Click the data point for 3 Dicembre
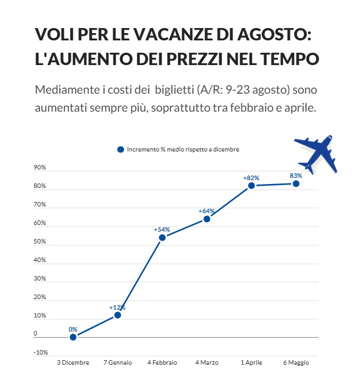point(73,337)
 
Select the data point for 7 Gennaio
point(118,315)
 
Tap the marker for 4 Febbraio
point(162,237)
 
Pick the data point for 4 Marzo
point(207,219)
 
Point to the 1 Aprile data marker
point(251,185)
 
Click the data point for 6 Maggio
point(296,183)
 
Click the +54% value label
point(161,229)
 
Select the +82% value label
point(251,177)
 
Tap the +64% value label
point(206,211)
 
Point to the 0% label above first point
point(73,329)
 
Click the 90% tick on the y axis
point(40,168)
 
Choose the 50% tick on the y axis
point(40,242)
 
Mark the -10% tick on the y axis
point(40,352)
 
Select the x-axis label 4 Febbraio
point(162,363)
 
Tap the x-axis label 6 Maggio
point(296,363)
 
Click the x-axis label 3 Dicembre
point(73,363)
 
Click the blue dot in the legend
point(121,149)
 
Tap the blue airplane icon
point(316,153)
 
